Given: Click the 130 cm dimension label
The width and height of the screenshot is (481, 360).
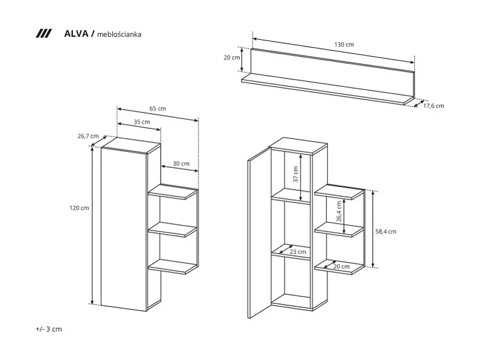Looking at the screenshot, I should [344, 45].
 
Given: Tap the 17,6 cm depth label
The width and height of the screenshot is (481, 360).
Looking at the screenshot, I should [433, 106].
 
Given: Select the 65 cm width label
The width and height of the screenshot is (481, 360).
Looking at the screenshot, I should [158, 109].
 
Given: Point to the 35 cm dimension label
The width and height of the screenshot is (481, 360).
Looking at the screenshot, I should [142, 122].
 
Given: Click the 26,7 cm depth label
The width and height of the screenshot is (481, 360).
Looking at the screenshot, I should [87, 136].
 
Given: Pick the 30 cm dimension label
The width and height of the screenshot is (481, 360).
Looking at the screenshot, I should [181, 164].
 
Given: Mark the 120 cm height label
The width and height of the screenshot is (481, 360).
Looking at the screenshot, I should [79, 208].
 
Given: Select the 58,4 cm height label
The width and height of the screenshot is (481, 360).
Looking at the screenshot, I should [386, 231].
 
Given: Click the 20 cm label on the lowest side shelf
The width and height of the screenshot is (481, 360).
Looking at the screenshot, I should [341, 266].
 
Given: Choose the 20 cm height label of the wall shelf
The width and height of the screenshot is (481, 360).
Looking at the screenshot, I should [232, 57].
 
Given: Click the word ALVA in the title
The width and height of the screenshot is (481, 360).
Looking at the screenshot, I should [75, 34].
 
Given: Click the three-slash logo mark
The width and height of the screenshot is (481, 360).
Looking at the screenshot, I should [44, 34].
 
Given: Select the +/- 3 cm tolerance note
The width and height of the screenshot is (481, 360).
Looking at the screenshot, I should [49, 329].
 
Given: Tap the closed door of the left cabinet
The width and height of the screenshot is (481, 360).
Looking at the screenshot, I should [124, 228].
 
